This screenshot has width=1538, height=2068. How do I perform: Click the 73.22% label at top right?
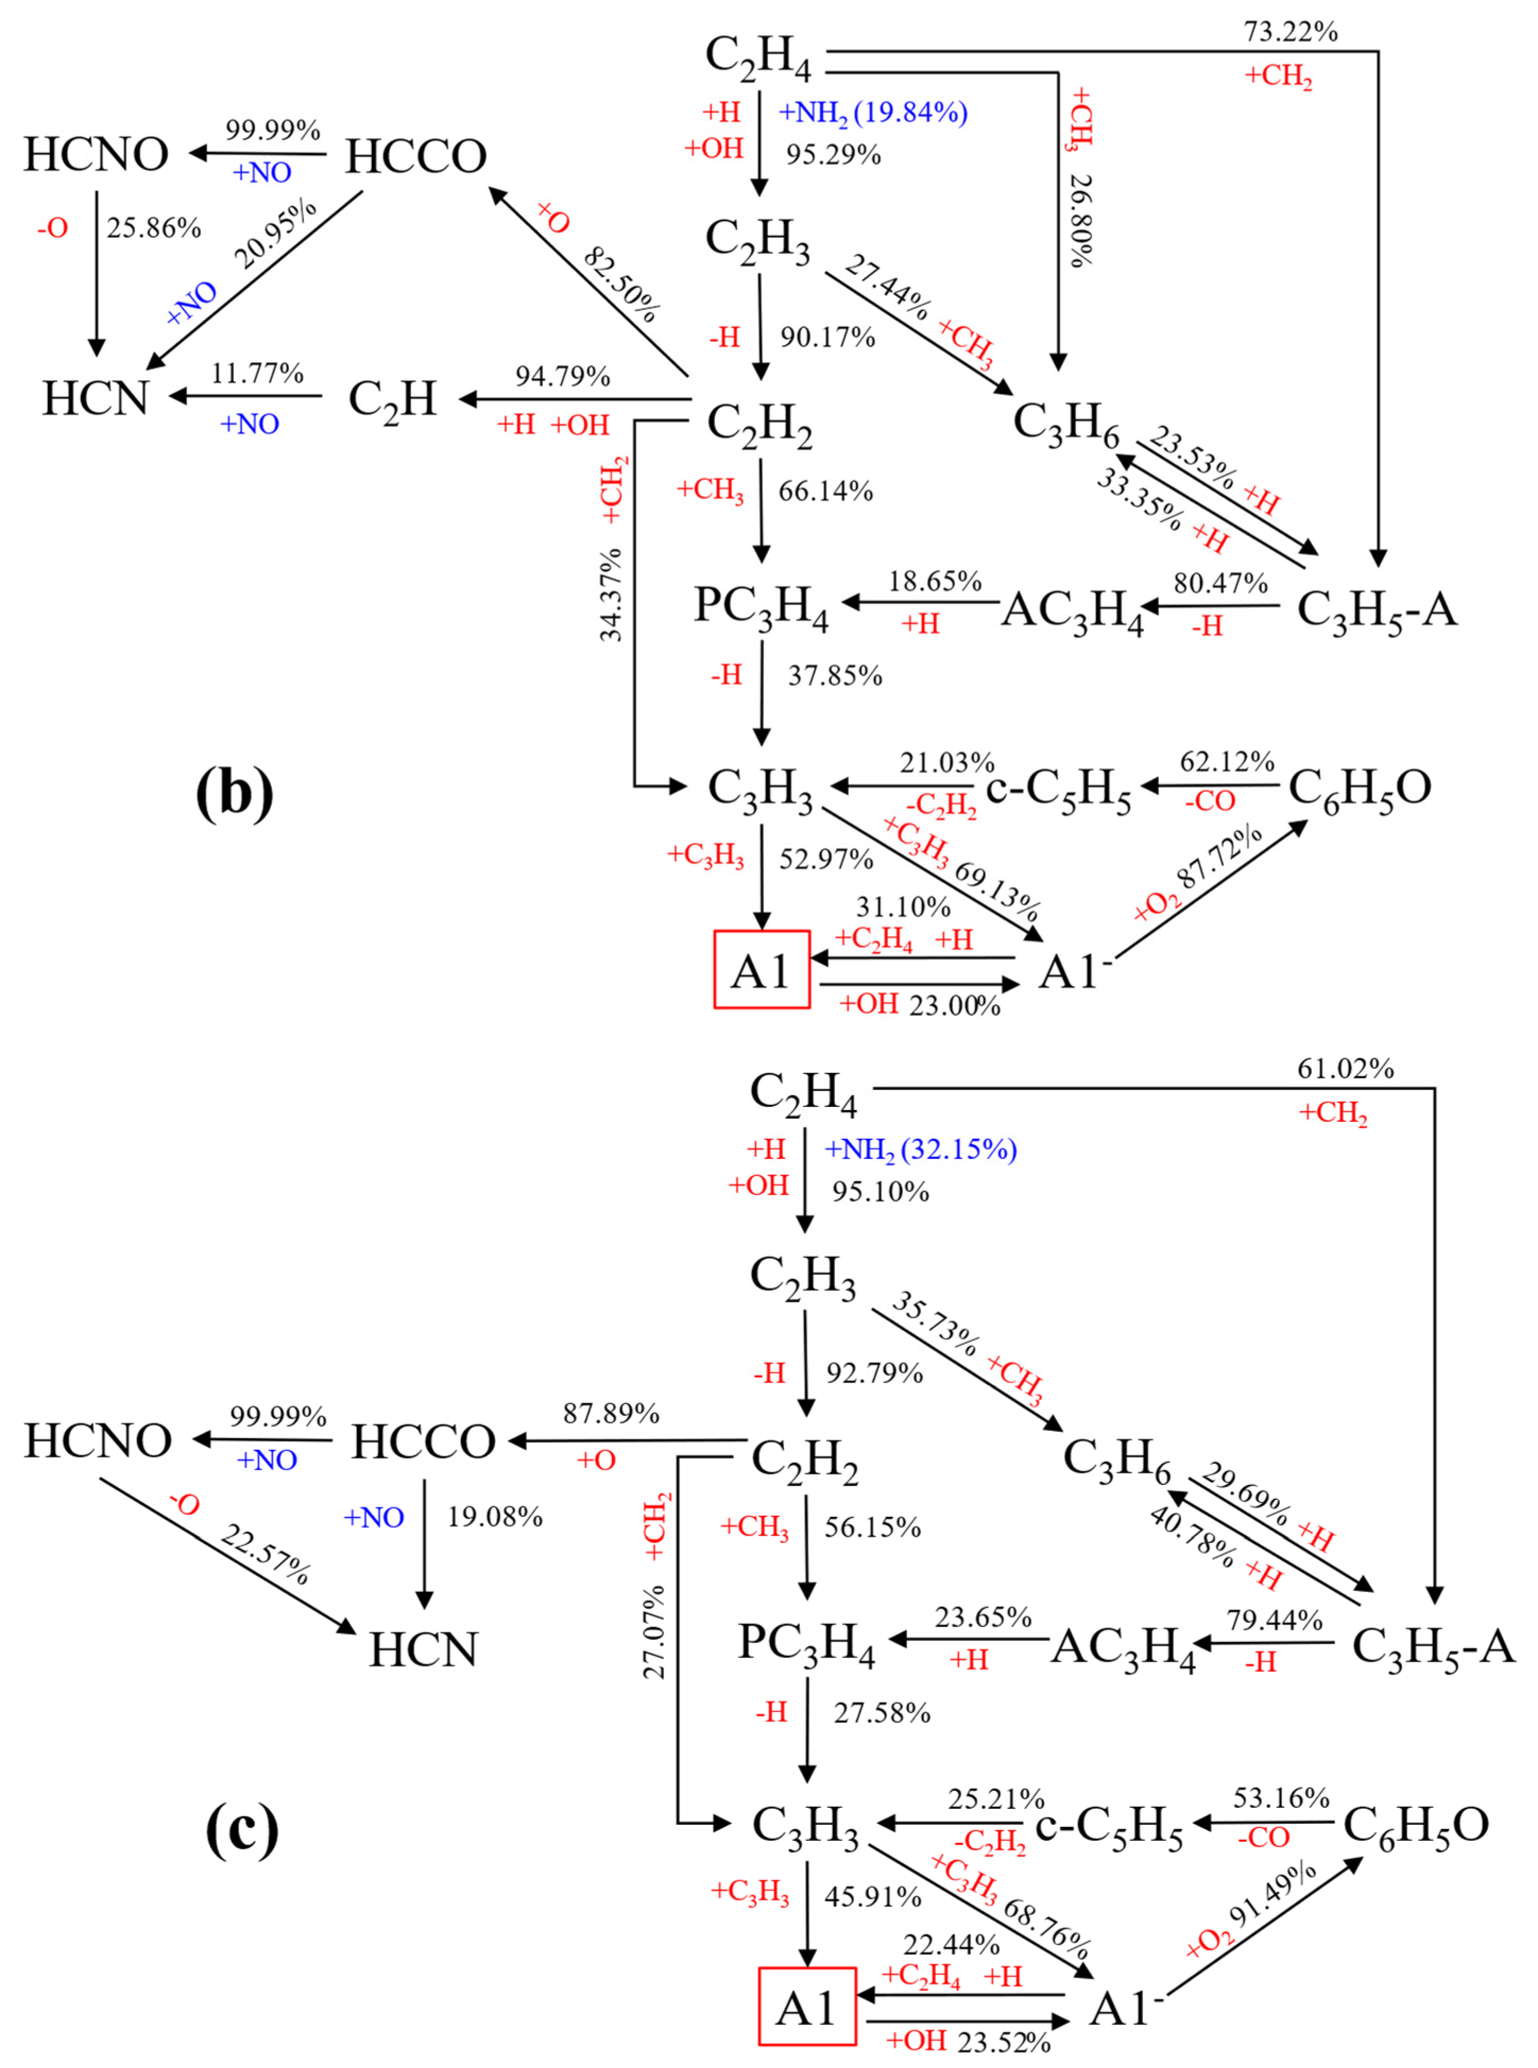tap(1291, 32)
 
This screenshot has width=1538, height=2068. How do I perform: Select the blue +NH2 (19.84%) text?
tap(872, 113)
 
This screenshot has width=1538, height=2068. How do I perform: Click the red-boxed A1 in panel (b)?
tap(761, 970)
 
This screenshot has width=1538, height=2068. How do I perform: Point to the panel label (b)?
tap(235, 792)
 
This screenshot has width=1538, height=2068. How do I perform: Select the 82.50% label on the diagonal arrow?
tap(622, 284)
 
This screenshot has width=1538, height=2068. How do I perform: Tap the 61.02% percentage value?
tap(1345, 1069)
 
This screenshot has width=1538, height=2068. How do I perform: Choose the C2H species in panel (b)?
tap(392, 399)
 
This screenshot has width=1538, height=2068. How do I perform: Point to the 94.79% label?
tap(562, 376)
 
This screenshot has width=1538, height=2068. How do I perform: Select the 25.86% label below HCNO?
tap(153, 228)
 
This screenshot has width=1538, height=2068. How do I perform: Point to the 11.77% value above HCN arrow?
tap(257, 373)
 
